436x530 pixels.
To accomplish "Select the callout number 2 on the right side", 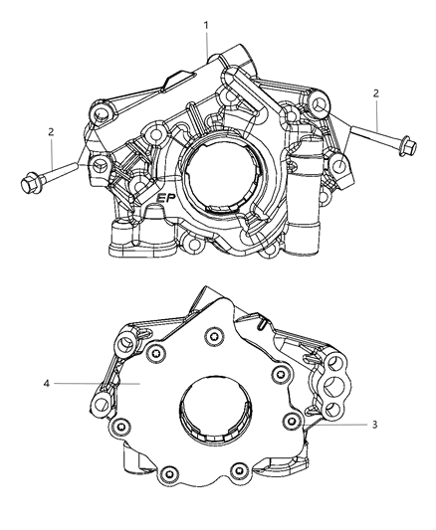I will [375, 92].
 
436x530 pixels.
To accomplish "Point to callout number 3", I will [373, 426].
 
